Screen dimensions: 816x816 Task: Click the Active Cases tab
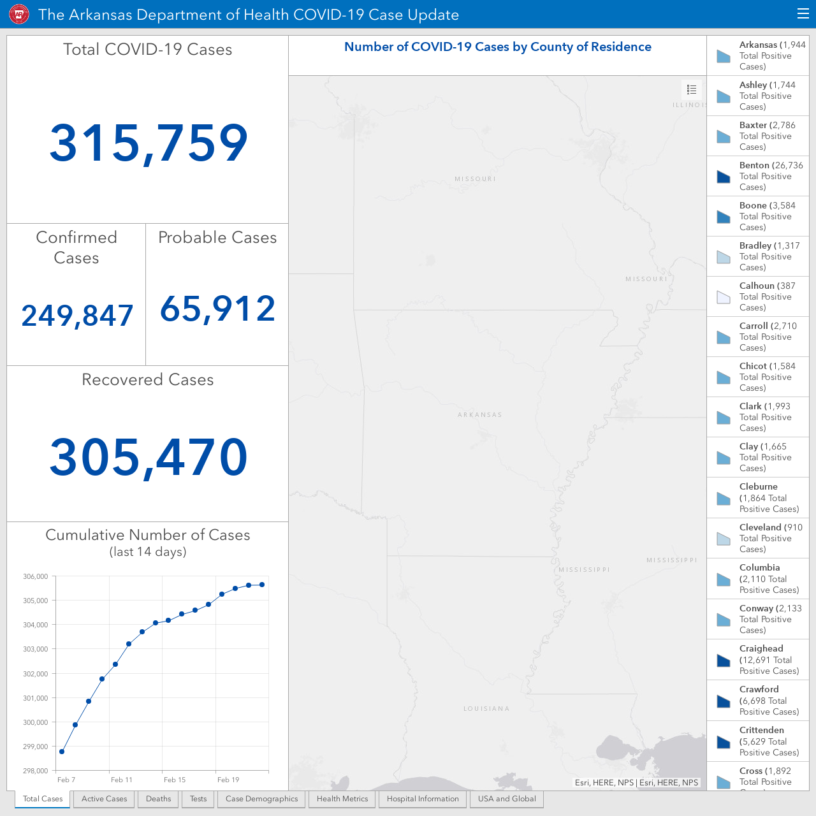104,799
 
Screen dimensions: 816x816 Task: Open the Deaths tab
158,799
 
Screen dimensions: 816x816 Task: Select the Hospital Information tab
423,799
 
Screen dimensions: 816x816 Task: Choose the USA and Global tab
507,799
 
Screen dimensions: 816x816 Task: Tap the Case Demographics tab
261,799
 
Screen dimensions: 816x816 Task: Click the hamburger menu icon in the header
803,14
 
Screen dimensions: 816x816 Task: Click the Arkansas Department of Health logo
19,15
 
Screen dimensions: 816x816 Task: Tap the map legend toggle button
692,89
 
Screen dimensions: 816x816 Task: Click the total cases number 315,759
148,142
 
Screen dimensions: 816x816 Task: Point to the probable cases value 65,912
217,309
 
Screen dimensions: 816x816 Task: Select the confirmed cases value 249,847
77,316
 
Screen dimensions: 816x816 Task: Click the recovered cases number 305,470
148,457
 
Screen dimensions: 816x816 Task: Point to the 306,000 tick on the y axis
36,576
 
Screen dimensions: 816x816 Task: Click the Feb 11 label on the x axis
122,780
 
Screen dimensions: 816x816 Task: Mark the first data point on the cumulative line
62,752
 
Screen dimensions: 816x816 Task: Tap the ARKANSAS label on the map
480,414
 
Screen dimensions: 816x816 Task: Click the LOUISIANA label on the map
486,708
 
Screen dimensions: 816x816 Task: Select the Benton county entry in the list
757,176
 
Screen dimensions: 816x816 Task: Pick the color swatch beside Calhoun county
724,297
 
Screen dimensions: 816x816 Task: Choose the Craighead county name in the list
761,648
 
